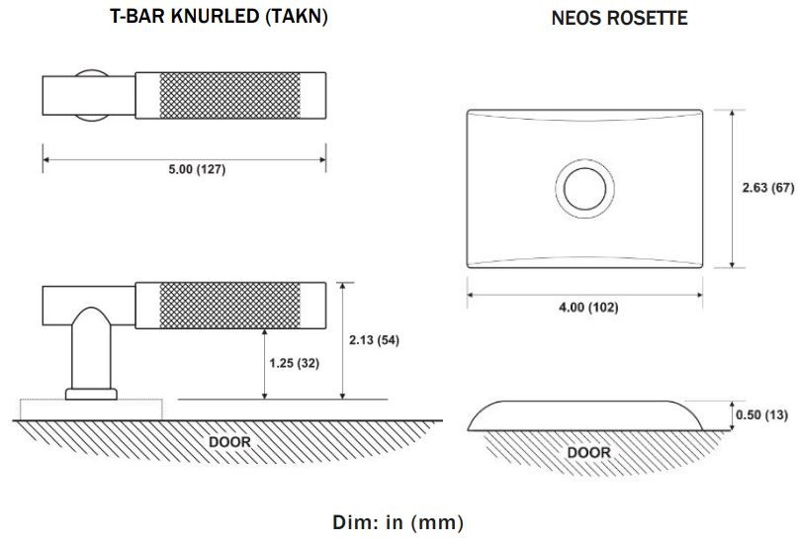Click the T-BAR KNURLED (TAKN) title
click(219, 16)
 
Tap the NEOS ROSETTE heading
click(619, 18)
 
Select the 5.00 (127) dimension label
click(197, 169)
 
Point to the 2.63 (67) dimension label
click(768, 188)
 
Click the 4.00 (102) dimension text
click(588, 308)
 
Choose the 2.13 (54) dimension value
click(374, 340)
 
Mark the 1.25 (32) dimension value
click(294, 363)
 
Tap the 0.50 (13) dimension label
click(761, 414)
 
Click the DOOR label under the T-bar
click(229, 442)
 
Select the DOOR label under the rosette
click(588, 452)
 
